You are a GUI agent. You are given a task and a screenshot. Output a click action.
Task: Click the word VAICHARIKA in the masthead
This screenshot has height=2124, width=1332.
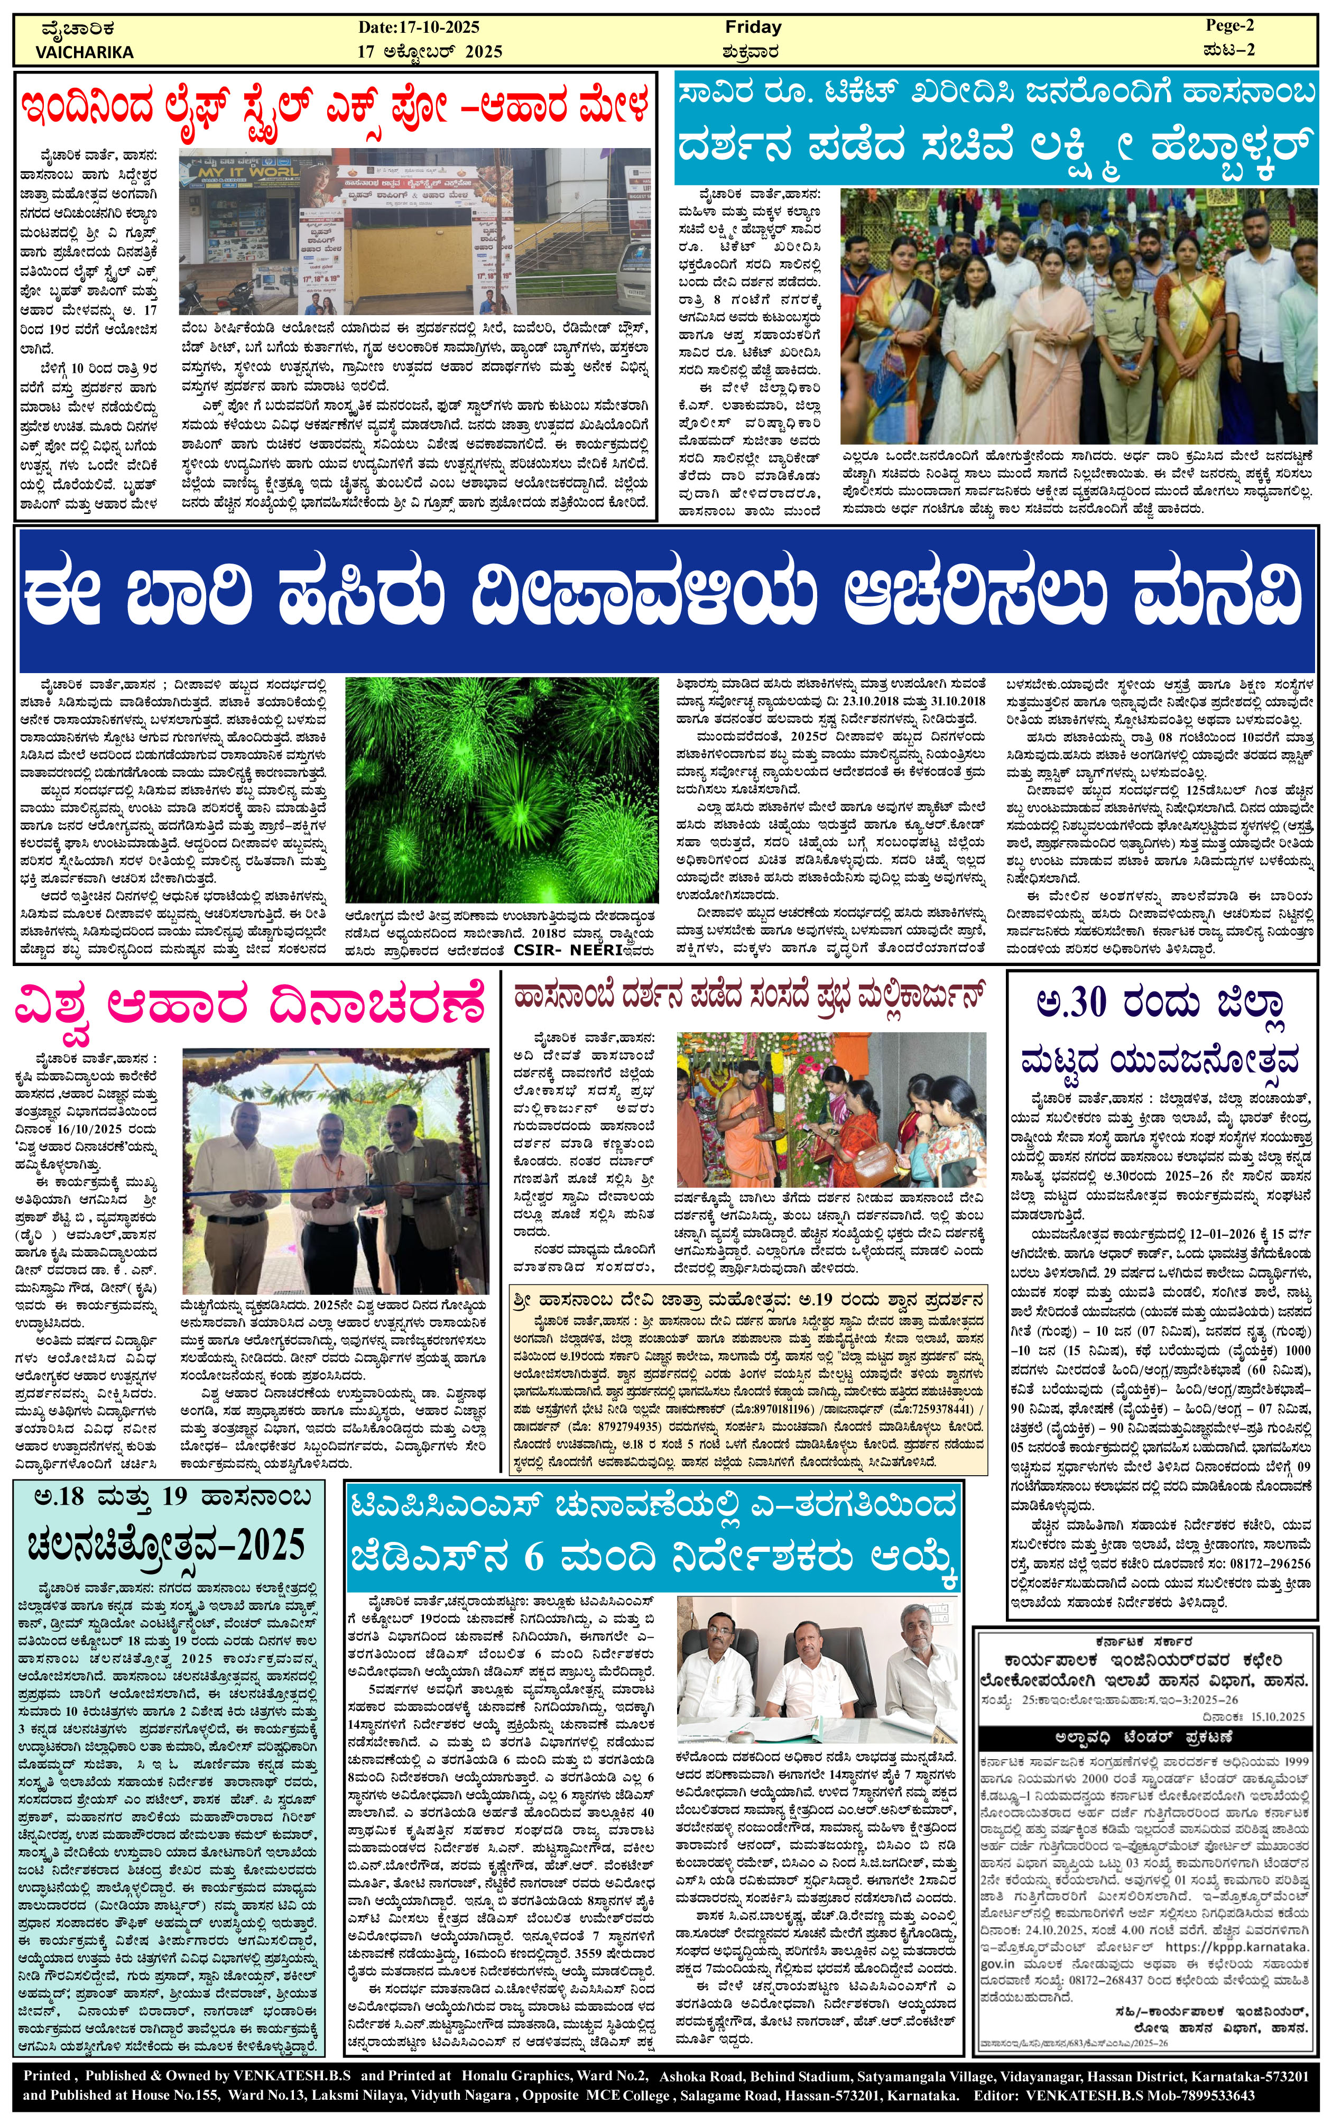(85, 52)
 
